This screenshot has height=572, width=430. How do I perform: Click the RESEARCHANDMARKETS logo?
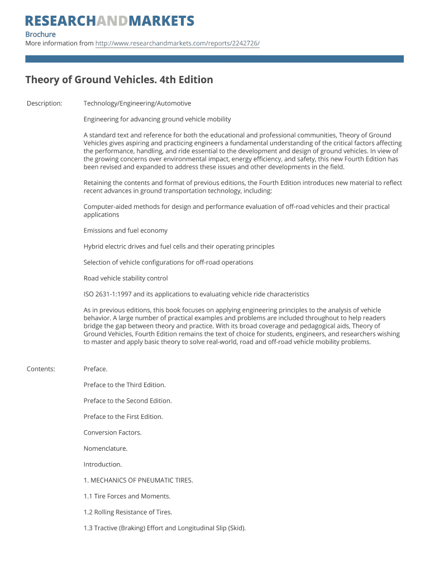click(x=109, y=21)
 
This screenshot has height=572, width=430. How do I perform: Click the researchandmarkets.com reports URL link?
click(x=177, y=43)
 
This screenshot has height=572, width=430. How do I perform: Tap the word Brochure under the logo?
click(x=40, y=34)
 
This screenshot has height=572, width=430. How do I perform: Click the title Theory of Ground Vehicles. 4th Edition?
click(x=119, y=80)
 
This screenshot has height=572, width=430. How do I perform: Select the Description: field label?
click(x=44, y=103)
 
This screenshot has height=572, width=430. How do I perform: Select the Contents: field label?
click(x=41, y=369)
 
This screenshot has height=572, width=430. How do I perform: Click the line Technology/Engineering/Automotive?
click(x=137, y=103)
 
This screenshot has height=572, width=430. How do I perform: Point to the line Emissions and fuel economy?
click(x=125, y=231)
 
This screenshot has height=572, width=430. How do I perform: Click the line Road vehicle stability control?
click(x=126, y=278)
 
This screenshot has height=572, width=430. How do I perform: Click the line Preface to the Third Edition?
click(x=125, y=385)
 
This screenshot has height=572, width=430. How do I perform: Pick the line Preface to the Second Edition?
click(x=127, y=401)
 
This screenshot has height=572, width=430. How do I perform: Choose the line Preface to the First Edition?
click(x=123, y=417)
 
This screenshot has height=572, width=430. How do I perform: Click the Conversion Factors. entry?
click(x=112, y=432)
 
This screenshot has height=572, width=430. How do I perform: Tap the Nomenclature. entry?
click(x=106, y=449)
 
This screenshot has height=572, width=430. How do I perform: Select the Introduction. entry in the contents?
click(x=102, y=464)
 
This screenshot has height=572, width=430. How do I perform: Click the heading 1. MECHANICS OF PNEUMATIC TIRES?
click(x=138, y=480)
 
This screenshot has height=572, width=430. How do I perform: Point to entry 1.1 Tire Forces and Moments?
click(x=127, y=496)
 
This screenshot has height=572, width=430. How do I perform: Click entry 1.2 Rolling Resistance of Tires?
click(x=127, y=512)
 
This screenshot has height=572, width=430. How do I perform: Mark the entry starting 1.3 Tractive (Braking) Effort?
click(x=164, y=528)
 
